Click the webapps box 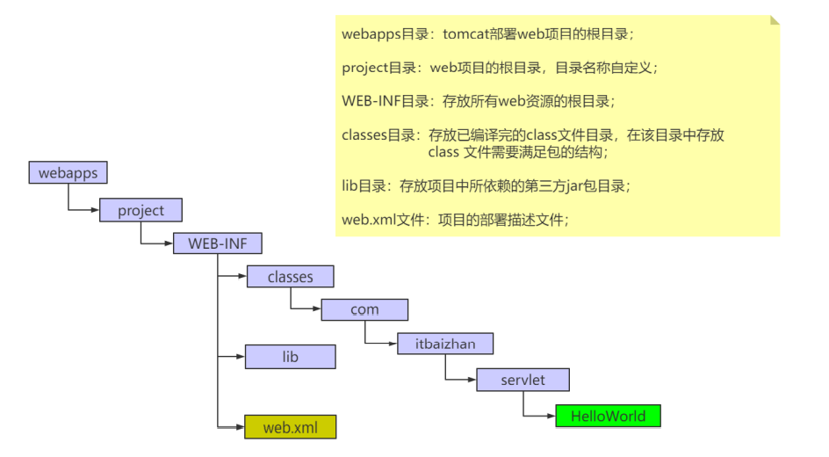(x=68, y=172)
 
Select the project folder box (x=141, y=211)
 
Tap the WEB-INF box (x=218, y=244)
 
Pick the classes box (x=290, y=277)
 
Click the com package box (x=364, y=309)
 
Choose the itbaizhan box (x=445, y=344)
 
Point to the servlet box (x=523, y=380)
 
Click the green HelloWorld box (x=608, y=416)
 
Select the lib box (x=290, y=357)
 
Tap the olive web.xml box (x=290, y=428)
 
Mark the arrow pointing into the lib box (x=232, y=356)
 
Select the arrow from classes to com (x=306, y=308)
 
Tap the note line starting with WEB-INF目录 (x=479, y=101)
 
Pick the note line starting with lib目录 (x=486, y=185)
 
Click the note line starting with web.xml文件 (x=455, y=220)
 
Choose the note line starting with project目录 (x=499, y=67)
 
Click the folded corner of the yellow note (x=774, y=20)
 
